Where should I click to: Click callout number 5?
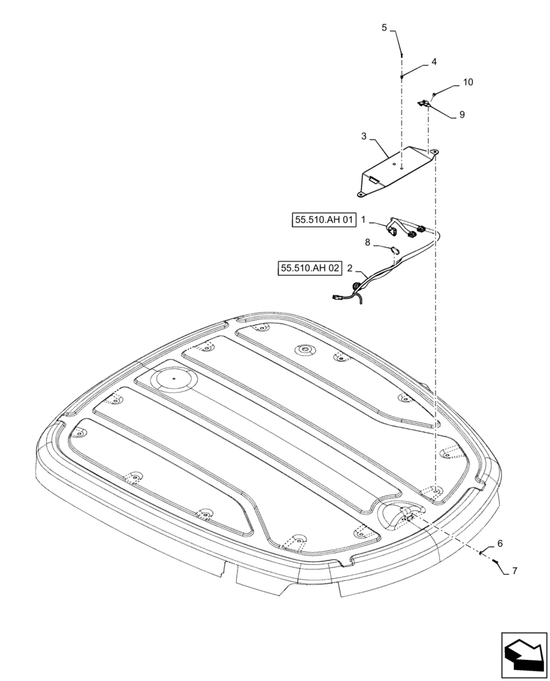[384, 28]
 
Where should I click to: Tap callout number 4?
[434, 61]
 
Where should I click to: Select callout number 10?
[468, 82]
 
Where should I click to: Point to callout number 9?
[462, 115]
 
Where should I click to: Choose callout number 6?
[500, 543]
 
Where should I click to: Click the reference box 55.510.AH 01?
[325, 220]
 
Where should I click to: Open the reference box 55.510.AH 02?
[309, 268]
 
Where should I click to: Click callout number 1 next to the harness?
[364, 220]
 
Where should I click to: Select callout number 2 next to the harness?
[350, 268]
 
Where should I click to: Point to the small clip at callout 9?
[423, 103]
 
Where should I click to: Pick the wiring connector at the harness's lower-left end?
[338, 296]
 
